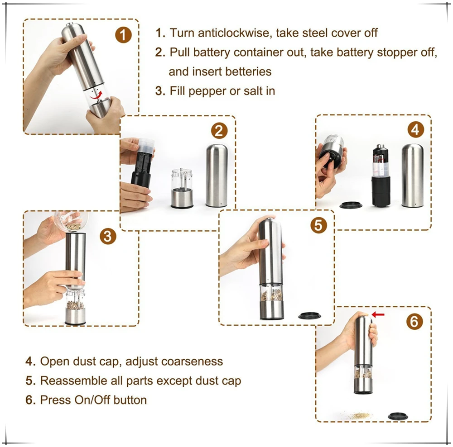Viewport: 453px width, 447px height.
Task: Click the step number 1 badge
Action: (123, 35)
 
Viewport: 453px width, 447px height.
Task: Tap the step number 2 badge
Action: (219, 131)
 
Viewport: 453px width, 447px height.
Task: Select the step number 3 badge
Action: (107, 235)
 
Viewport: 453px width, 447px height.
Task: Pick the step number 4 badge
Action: (415, 130)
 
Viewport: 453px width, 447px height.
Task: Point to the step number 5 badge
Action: (319, 225)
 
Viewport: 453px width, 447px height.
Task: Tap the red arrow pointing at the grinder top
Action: (378, 314)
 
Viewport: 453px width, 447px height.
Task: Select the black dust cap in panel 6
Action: (399, 415)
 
